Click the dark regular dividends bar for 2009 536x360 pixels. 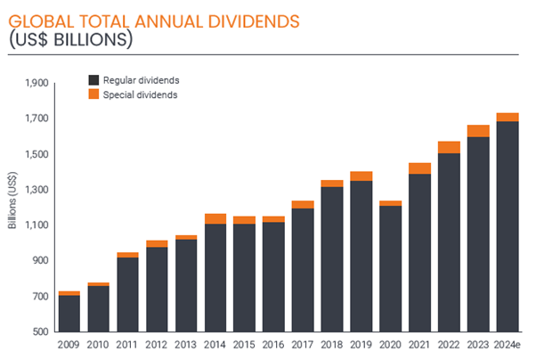click(x=69, y=313)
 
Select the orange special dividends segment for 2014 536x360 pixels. click(x=215, y=218)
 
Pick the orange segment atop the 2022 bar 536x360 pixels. click(x=449, y=147)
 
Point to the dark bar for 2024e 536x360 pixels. click(x=508, y=226)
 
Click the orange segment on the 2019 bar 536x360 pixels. click(x=361, y=176)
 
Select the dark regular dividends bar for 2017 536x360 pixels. click(x=302, y=269)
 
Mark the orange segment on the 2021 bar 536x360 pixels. click(x=419, y=168)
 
